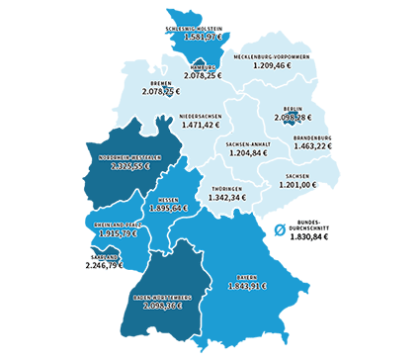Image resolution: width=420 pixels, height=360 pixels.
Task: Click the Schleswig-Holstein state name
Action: coord(205,28)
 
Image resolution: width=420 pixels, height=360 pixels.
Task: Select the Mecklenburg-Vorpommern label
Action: coord(274,56)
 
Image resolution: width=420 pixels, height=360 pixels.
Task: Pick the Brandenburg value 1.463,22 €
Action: coord(312,145)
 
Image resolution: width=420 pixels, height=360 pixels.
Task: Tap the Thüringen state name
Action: coord(227,188)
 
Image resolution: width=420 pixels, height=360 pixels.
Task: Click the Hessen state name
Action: coord(168,197)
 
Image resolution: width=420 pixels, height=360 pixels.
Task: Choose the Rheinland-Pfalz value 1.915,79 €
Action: coord(111,233)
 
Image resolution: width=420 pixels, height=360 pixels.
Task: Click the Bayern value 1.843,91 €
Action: coord(248,287)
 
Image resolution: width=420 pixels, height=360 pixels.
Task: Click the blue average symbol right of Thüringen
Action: coord(281,230)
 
